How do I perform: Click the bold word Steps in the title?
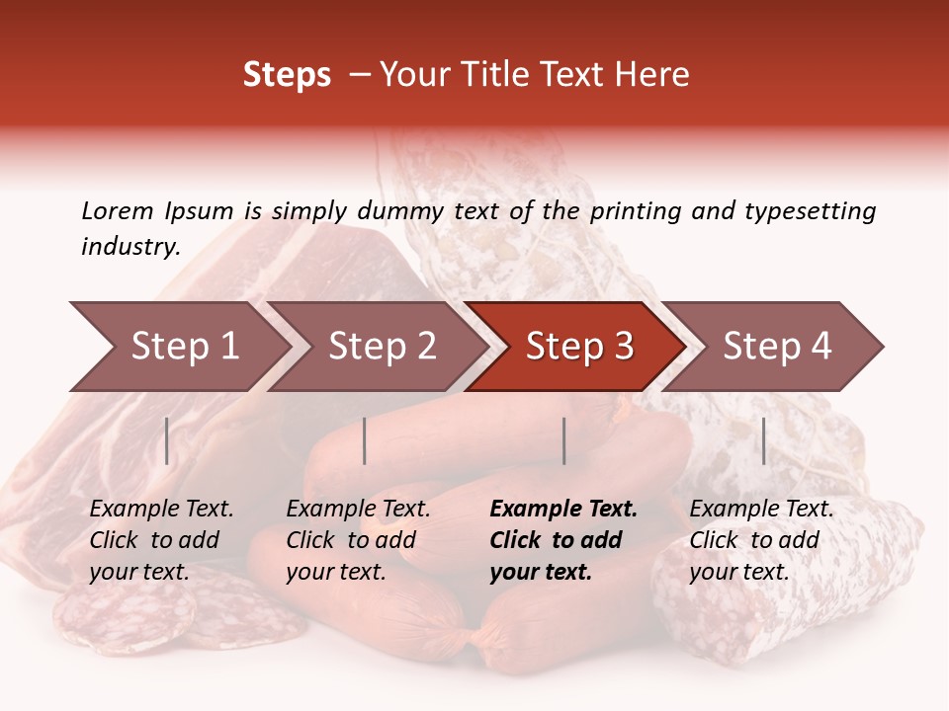click(x=287, y=75)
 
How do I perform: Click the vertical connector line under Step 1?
click(x=167, y=440)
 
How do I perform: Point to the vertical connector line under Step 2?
click(x=365, y=440)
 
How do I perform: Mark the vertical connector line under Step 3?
click(x=564, y=440)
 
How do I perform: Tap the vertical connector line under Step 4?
click(x=763, y=440)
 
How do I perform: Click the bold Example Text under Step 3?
click(x=563, y=510)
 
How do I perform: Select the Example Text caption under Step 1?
click(x=161, y=510)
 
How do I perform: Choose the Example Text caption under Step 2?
click(x=358, y=510)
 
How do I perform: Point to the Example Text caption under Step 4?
click(x=761, y=510)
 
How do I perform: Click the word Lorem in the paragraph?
click(x=118, y=210)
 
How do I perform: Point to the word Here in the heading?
click(x=652, y=75)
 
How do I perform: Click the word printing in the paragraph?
click(x=632, y=210)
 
